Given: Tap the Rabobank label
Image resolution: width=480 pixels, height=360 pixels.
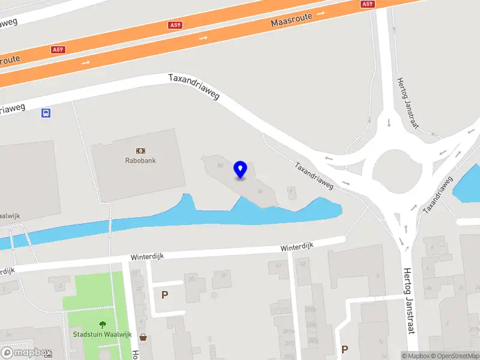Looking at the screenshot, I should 140,161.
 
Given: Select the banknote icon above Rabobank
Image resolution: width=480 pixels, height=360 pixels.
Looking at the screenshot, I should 140,151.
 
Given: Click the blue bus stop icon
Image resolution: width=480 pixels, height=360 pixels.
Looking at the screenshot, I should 46,113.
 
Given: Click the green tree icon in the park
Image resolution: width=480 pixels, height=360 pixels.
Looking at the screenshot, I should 102,325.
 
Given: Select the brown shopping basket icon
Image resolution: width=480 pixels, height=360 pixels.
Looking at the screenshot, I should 143,337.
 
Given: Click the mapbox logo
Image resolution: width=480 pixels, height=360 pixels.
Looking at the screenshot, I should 26,353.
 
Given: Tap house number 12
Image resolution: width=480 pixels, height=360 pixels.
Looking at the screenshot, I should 134,273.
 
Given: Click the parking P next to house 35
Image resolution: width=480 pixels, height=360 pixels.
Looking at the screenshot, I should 164,295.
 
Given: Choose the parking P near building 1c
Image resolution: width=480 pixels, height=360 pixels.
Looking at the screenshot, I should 344,349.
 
